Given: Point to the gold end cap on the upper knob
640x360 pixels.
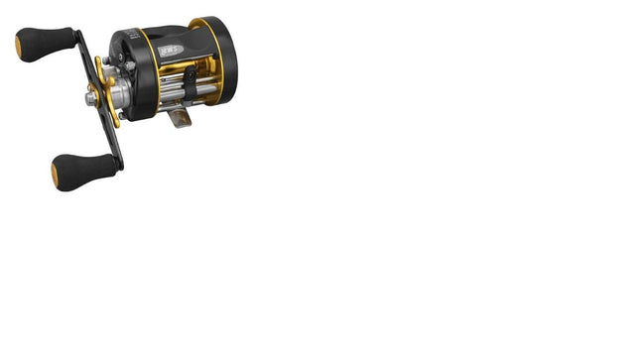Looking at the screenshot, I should pos(19,46).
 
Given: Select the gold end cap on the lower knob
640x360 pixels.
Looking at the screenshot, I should pos(55,176).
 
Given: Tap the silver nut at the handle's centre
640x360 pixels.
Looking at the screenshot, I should pos(92,98).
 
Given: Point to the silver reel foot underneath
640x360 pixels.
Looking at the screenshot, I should pos(179,118).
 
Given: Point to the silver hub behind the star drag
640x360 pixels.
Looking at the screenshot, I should pos(118,93).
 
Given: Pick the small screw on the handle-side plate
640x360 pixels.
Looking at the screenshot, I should pos(130,66).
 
